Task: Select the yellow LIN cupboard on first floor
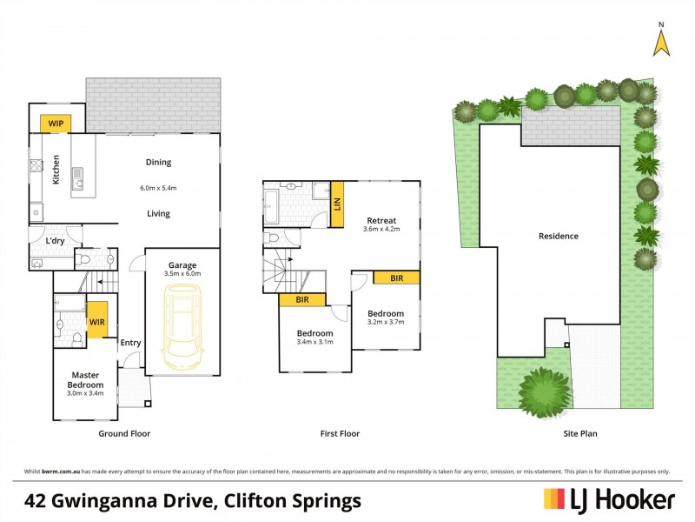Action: coord(336,205)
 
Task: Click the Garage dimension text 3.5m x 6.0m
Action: coord(182,274)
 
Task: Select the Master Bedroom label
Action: coord(85,380)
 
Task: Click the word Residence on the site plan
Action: coord(558,236)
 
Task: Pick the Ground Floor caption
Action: coord(124,433)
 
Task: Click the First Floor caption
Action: coord(340,433)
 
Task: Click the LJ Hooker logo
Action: coord(609,499)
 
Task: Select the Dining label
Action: coord(158,162)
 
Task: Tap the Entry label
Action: coord(130,343)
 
